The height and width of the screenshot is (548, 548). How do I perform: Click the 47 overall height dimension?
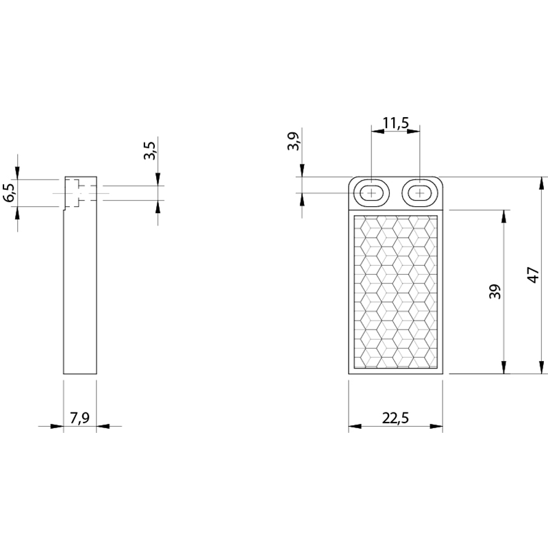coord(534,275)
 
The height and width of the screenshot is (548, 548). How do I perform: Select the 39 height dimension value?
coord(495,292)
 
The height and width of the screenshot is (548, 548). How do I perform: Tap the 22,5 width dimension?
coord(395,418)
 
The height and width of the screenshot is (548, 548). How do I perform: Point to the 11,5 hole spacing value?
coord(396,123)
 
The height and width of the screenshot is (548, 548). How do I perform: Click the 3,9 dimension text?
coord(294,141)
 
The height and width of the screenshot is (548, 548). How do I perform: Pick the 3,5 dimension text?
coord(149,151)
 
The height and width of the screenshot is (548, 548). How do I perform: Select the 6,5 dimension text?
coord(10,192)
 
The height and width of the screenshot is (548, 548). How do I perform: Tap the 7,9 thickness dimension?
coord(79,418)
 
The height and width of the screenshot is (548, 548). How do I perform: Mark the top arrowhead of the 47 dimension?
coord(542,183)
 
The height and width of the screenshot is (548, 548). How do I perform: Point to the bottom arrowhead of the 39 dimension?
coord(503,367)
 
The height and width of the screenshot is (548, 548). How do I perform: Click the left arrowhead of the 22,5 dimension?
coord(355,426)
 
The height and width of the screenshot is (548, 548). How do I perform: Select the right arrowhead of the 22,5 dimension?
coord(436,426)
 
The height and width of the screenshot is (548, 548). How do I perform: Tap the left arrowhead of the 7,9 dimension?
coord(57,426)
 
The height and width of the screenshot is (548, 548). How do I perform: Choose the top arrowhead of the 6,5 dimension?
coord(18,173)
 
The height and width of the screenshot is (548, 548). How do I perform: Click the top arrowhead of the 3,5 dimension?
coord(158,179)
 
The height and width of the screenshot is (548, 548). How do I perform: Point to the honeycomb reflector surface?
coord(396,292)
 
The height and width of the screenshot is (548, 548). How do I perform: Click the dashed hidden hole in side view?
coord(80,193)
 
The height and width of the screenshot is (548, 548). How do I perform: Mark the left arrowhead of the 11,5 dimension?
coord(378,132)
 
